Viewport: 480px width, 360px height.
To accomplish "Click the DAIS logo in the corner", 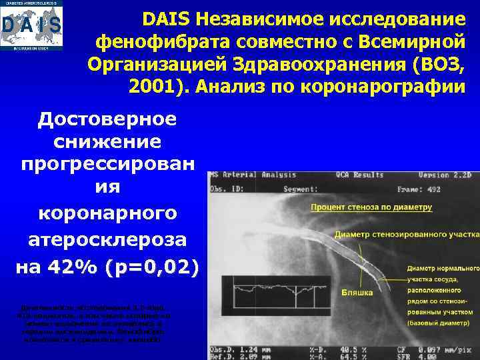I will (x=32, y=26).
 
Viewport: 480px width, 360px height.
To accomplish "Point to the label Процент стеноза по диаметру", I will (x=371, y=207).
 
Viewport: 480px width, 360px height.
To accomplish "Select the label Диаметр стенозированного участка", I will (x=407, y=235).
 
